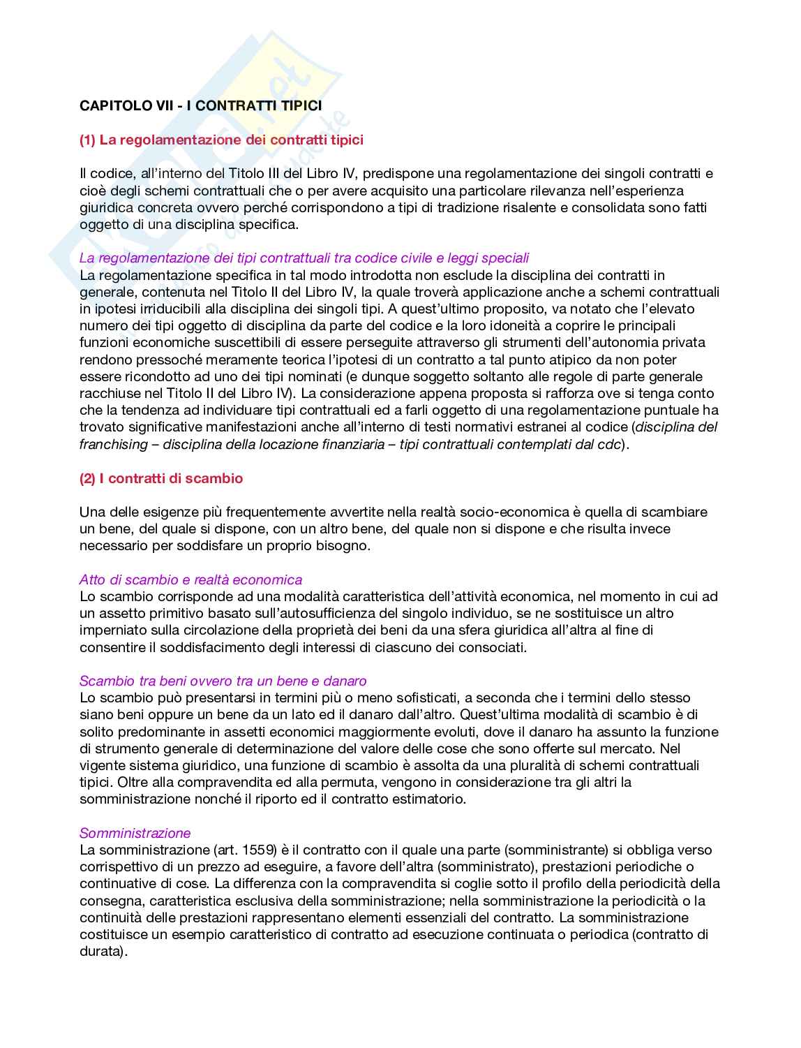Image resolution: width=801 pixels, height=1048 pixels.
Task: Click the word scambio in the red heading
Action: [x=217, y=478]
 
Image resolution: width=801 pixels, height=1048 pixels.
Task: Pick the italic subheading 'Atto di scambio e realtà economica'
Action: [x=190, y=580]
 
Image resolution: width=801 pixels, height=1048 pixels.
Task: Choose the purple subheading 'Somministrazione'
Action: [x=135, y=833]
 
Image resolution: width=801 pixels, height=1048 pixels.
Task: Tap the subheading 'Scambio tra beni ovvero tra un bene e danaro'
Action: [x=223, y=681]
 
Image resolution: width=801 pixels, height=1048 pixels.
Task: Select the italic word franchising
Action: [x=113, y=444]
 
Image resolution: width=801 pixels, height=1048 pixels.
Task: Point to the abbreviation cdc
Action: [x=609, y=444]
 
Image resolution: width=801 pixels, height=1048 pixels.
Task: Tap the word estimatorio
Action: [x=429, y=799]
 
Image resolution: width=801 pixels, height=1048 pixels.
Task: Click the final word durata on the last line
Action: [x=100, y=951]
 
